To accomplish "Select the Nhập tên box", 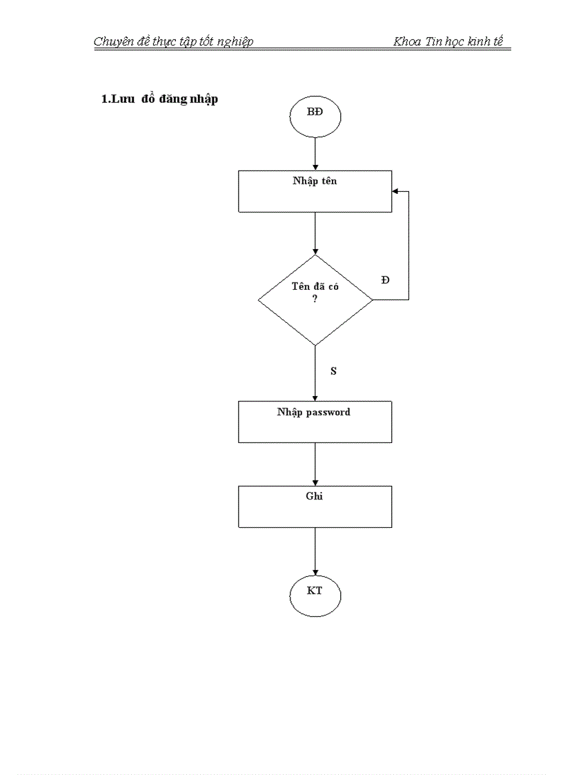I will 315,191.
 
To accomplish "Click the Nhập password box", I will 315,422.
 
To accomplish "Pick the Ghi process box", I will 315,507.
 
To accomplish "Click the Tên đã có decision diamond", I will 315,300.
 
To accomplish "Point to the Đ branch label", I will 385,279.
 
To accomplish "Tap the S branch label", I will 333,371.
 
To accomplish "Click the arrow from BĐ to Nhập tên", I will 315,153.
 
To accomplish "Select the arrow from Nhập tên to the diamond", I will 315,233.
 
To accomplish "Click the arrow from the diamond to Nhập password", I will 315,373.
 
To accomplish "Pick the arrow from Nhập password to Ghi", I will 315,464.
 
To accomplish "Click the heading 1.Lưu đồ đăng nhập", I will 159,99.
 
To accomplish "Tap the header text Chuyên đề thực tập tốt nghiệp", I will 173,41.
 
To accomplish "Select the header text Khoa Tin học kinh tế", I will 448,41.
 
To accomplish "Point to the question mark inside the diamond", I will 315,298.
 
